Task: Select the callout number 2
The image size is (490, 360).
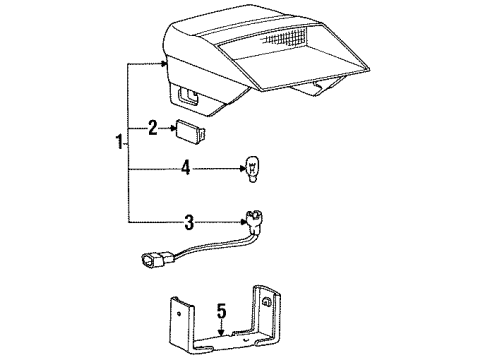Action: [x=153, y=127]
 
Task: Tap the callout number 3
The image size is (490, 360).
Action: [x=186, y=220]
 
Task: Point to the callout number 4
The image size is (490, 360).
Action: [x=186, y=171]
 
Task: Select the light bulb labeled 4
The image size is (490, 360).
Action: [x=253, y=171]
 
